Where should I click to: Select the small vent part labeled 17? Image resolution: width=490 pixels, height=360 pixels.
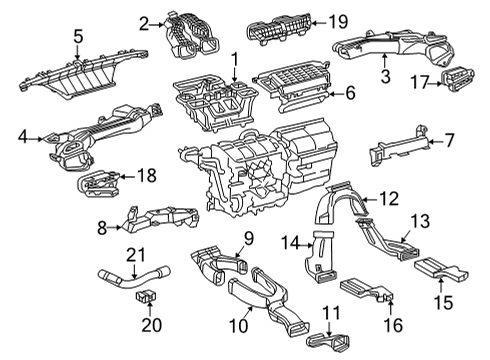pos(461,80)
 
